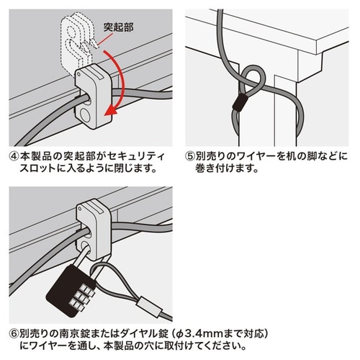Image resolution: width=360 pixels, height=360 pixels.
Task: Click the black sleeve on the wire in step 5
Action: click(x=236, y=104)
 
